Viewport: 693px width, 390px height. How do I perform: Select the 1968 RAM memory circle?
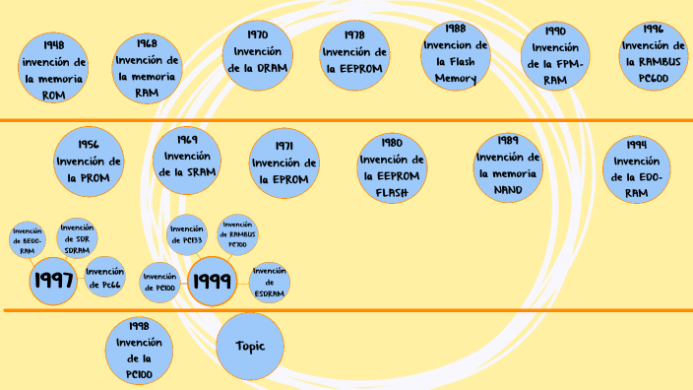pyautogui.click(x=147, y=68)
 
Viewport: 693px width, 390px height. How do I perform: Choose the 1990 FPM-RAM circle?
pyautogui.click(x=555, y=56)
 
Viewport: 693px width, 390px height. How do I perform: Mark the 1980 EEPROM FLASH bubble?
pyautogui.click(x=392, y=167)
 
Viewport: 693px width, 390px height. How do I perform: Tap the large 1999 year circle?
pyautogui.click(x=212, y=282)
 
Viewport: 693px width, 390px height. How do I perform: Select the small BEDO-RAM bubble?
pyautogui.click(x=28, y=240)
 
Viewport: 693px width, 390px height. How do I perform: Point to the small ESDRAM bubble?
pyautogui.click(x=269, y=282)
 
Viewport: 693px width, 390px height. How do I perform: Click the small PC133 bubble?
pyautogui.click(x=186, y=234)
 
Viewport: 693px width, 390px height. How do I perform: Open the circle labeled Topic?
pyautogui.click(x=249, y=347)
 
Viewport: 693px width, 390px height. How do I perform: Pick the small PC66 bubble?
pyautogui.click(x=104, y=277)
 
